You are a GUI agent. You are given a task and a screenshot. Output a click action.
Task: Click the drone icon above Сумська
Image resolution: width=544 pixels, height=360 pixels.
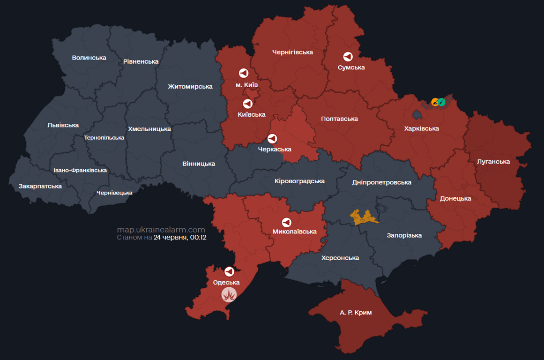348,57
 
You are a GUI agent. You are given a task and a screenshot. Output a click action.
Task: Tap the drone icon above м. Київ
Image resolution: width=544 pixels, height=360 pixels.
243,73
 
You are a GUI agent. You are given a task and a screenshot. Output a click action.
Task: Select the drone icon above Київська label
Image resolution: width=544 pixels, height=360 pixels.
247,104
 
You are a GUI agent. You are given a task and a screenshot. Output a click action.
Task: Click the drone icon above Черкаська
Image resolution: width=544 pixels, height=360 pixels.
272,139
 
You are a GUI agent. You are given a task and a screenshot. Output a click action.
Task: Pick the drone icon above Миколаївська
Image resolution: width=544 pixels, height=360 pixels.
286,222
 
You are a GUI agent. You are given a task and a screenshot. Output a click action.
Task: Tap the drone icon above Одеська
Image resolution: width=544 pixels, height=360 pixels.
229,271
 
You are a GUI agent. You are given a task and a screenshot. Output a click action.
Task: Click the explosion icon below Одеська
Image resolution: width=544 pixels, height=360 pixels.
229,294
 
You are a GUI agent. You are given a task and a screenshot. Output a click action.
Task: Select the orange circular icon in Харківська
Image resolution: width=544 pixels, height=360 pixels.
435,102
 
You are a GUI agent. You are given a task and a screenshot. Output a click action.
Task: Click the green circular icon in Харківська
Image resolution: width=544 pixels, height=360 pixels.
441,102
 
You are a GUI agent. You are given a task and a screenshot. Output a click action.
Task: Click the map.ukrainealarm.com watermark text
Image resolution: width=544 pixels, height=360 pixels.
161,230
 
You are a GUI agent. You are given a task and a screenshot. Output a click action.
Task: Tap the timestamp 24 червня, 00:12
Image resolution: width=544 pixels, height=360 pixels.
180,238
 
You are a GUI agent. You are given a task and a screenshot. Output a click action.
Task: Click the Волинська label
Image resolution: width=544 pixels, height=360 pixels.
89,58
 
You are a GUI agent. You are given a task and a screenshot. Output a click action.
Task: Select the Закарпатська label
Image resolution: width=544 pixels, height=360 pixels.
40,186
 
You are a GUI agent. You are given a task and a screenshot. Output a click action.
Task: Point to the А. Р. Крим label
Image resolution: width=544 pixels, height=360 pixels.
356,312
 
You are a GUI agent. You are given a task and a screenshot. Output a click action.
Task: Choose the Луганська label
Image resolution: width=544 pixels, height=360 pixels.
493,162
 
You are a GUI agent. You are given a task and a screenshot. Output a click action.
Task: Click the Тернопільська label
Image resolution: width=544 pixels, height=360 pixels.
104,138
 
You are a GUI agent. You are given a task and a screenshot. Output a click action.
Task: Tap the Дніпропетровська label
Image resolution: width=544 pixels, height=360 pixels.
381,182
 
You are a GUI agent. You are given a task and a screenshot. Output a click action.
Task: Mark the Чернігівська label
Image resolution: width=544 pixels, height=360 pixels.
292,52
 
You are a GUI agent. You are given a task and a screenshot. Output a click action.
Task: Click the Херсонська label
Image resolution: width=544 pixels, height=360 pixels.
340,258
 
